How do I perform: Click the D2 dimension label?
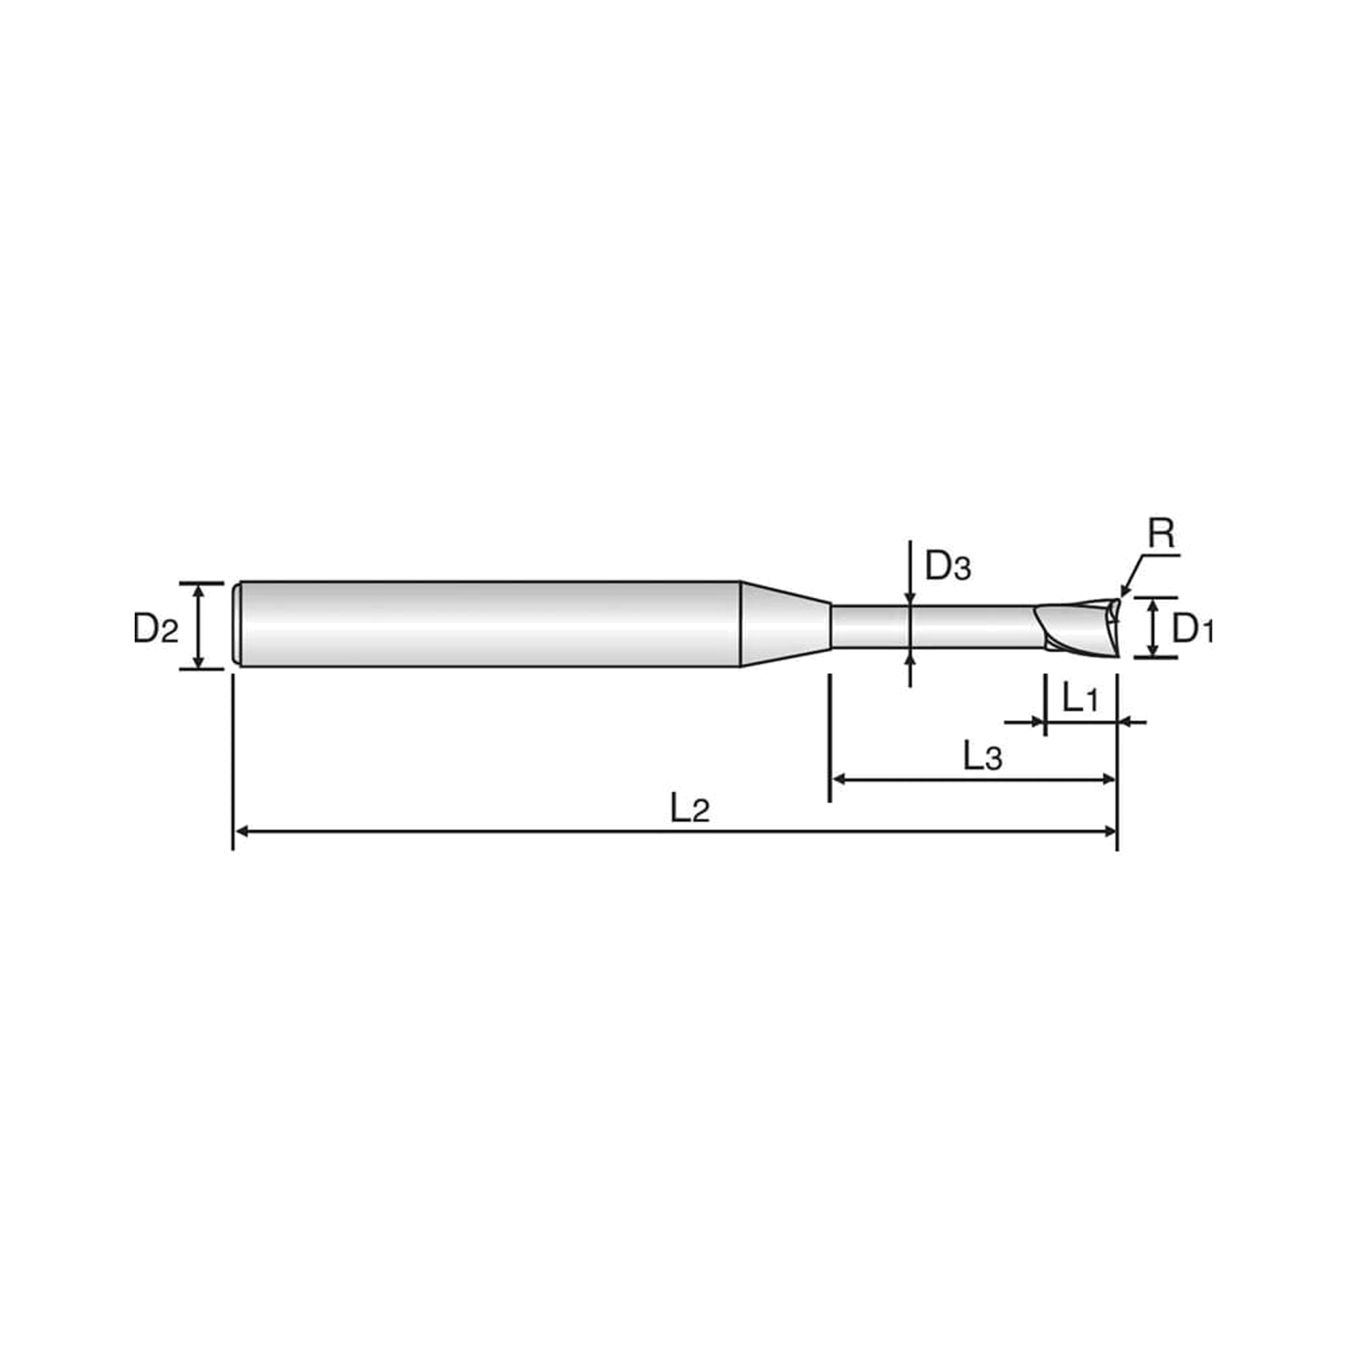tap(156, 629)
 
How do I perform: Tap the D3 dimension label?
tap(948, 566)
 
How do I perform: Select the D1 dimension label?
tap(1192, 629)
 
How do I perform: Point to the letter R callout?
tap(1162, 534)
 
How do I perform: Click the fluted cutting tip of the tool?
tap(1077, 627)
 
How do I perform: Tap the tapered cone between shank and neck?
tap(785, 624)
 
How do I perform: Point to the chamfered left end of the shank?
tap(237, 624)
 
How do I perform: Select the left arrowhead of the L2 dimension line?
tap(241, 831)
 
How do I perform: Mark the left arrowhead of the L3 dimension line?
tap(839, 779)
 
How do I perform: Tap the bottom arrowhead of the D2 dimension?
tap(199, 660)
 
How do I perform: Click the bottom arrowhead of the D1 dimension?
tap(1153, 649)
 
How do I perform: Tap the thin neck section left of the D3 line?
tap(870, 627)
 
